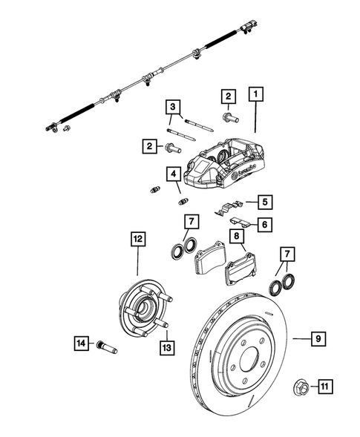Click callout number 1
click(x=256, y=95)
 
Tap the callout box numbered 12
click(x=138, y=239)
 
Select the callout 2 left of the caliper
click(x=150, y=148)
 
